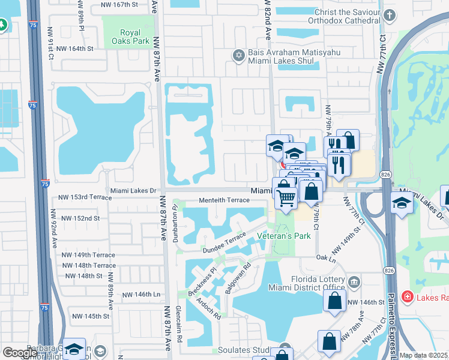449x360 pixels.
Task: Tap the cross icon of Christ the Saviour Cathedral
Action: (x=390, y=15)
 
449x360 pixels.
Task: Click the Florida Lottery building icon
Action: (x=354, y=281)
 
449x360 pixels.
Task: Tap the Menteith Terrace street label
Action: (x=224, y=200)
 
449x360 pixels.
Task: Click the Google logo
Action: (x=20, y=353)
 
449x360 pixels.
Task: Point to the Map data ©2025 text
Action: (x=424, y=355)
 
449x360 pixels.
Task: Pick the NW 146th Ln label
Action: (x=142, y=295)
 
